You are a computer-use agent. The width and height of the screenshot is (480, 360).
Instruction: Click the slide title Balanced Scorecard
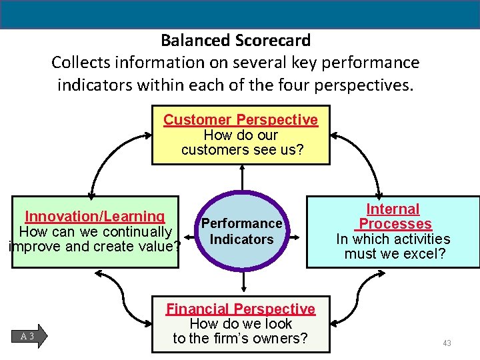click(x=235, y=41)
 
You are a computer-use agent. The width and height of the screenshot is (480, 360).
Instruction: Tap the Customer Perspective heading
click(x=241, y=120)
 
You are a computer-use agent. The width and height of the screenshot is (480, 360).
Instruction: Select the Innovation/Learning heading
click(x=95, y=217)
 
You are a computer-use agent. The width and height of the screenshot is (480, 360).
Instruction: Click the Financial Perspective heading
click(x=241, y=309)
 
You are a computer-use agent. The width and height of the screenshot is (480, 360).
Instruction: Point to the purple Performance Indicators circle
click(x=241, y=231)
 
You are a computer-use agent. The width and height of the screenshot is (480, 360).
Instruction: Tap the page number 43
click(x=447, y=343)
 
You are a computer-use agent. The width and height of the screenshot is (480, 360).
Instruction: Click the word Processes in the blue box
click(x=395, y=224)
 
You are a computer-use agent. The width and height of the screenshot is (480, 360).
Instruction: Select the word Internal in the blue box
click(x=393, y=209)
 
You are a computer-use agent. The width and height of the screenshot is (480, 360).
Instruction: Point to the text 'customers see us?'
click(x=242, y=150)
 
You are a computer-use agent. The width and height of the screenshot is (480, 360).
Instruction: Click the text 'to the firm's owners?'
click(x=241, y=338)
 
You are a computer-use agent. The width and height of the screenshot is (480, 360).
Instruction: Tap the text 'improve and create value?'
click(x=95, y=246)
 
